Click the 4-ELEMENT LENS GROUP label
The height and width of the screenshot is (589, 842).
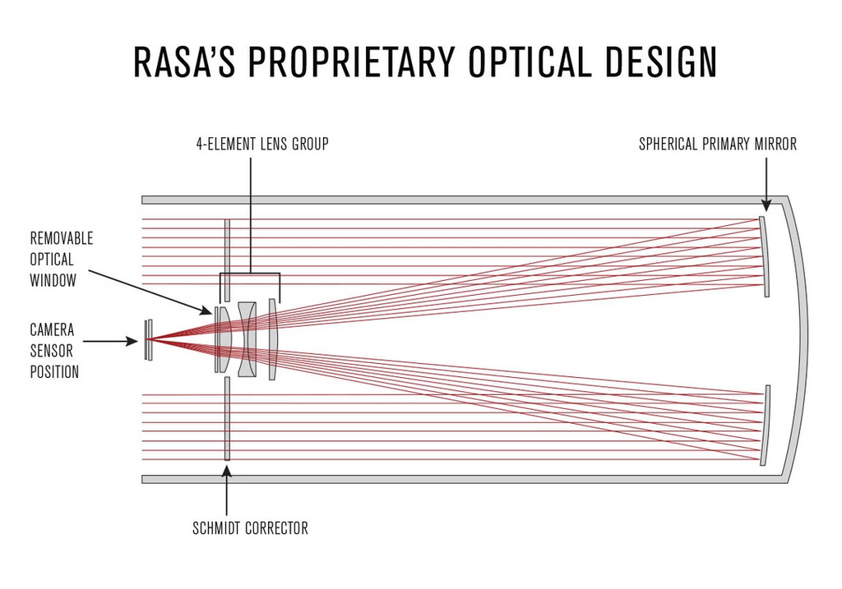coord(262,145)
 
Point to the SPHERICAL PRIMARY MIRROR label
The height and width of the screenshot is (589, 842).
coord(718,145)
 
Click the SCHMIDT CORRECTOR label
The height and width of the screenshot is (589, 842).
coord(250,528)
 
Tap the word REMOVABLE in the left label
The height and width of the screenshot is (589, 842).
coord(62,238)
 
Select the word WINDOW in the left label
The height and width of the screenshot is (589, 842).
coord(53,281)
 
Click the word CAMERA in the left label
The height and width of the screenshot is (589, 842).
coord(53,330)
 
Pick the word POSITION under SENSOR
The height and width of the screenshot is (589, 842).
coord(54,372)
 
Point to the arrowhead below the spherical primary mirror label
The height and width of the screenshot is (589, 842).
coord(765,206)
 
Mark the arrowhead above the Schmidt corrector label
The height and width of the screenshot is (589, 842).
coord(227,471)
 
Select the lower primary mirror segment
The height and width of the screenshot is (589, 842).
coord(765,426)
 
